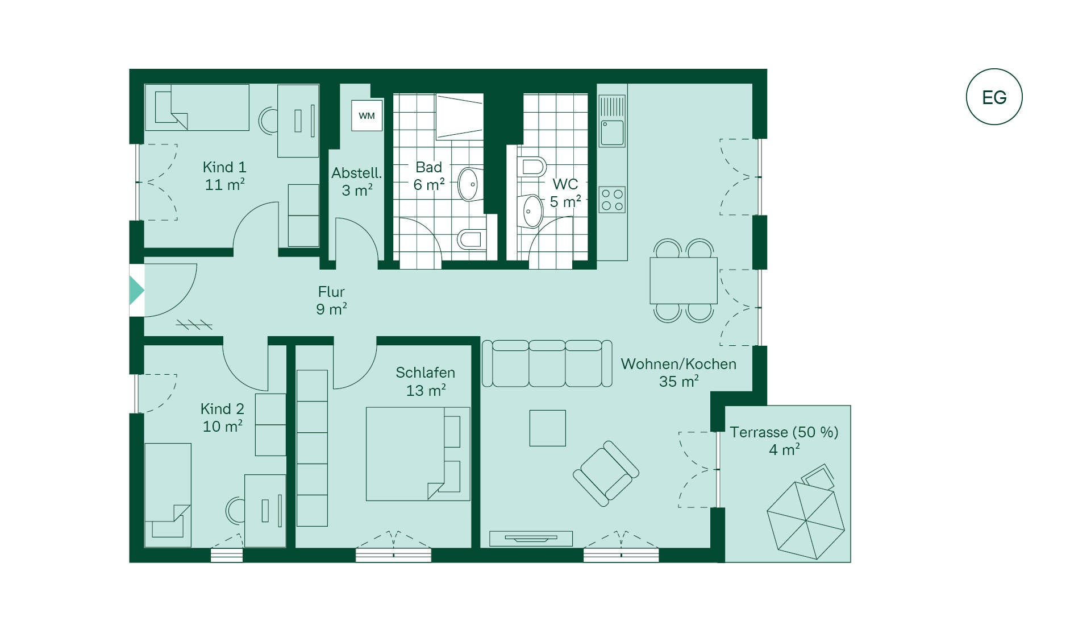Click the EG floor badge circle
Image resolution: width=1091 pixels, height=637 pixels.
pyautogui.click(x=994, y=69)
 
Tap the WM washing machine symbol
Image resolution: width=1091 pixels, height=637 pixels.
pyautogui.click(x=367, y=115)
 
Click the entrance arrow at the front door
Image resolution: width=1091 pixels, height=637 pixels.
pyautogui.click(x=136, y=290)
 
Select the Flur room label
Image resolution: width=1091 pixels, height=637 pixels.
pyautogui.click(x=331, y=292)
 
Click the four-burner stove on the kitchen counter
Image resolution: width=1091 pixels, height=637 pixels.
pyautogui.click(x=612, y=200)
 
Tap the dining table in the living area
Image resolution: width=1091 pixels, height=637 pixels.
pyautogui.click(x=684, y=280)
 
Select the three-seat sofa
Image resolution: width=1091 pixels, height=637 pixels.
pyautogui.click(x=547, y=363)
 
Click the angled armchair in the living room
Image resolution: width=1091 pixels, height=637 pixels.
pyautogui.click(x=606, y=473)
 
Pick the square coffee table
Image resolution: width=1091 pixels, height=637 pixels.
pyautogui.click(x=547, y=428)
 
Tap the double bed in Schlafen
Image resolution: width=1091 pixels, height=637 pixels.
pyautogui.click(x=418, y=454)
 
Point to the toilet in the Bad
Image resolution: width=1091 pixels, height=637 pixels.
pyautogui.click(x=471, y=239)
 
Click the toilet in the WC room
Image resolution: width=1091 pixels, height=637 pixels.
pyautogui.click(x=531, y=167)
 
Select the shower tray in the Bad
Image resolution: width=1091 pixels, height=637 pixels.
pyautogui.click(x=459, y=117)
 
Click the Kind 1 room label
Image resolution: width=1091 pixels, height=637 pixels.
pyautogui.click(x=224, y=167)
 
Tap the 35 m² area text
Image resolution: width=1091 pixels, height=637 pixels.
pyautogui.click(x=678, y=381)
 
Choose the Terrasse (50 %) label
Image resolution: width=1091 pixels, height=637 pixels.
pyautogui.click(x=784, y=432)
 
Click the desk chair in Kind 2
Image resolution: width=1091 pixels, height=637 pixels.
pyautogui.click(x=235, y=510)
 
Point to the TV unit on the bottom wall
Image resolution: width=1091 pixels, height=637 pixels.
pyautogui.click(x=531, y=538)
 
